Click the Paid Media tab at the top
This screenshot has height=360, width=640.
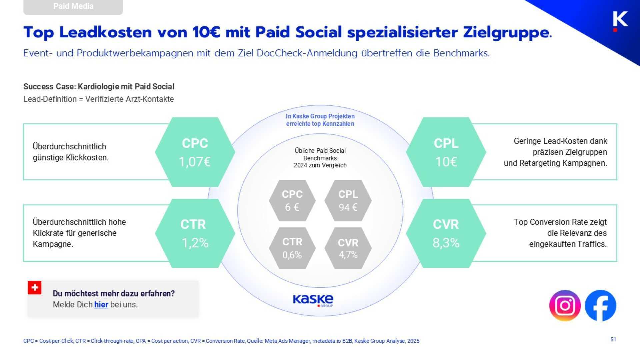(x=73, y=6)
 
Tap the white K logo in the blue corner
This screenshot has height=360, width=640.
(x=620, y=20)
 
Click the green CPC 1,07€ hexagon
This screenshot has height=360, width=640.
(x=195, y=152)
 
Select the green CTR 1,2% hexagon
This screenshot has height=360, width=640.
(x=195, y=233)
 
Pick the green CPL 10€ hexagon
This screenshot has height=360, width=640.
(x=446, y=152)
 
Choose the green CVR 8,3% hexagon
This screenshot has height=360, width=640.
(x=446, y=233)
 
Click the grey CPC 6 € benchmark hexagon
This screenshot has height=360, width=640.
(x=292, y=201)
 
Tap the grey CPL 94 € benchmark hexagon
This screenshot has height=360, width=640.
(x=348, y=201)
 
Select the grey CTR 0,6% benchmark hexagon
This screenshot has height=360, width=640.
(x=292, y=248)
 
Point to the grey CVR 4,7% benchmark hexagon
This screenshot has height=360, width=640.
(x=348, y=248)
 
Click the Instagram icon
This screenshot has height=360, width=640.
(x=565, y=305)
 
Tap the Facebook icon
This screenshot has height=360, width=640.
(x=601, y=305)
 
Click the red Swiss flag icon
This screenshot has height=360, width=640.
(x=35, y=287)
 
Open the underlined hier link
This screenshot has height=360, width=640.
(x=101, y=305)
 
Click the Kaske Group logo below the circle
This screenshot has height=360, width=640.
(x=313, y=300)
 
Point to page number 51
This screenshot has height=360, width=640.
(x=613, y=339)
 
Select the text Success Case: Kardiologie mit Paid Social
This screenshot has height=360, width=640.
(x=99, y=87)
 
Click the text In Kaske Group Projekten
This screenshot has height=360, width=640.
(x=320, y=116)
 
